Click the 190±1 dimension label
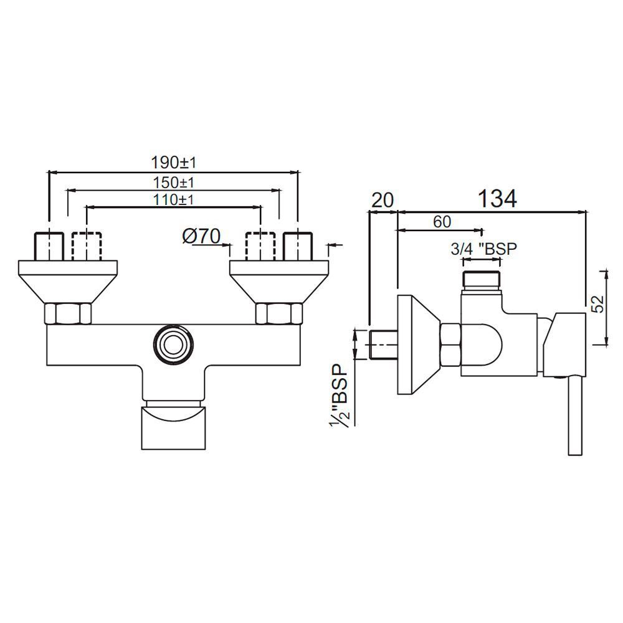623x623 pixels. pyautogui.click(x=174, y=163)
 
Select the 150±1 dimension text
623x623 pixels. pyautogui.click(x=174, y=183)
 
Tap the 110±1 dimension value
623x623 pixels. pyautogui.click(x=174, y=199)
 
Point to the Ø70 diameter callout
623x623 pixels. pyautogui.click(x=201, y=236)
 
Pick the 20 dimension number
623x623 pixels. pyautogui.click(x=383, y=200)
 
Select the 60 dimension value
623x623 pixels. pyautogui.click(x=442, y=222)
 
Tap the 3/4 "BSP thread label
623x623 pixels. pyautogui.click(x=484, y=249)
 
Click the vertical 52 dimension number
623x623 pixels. pyautogui.click(x=599, y=304)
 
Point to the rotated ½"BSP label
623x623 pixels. pyautogui.click(x=339, y=396)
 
